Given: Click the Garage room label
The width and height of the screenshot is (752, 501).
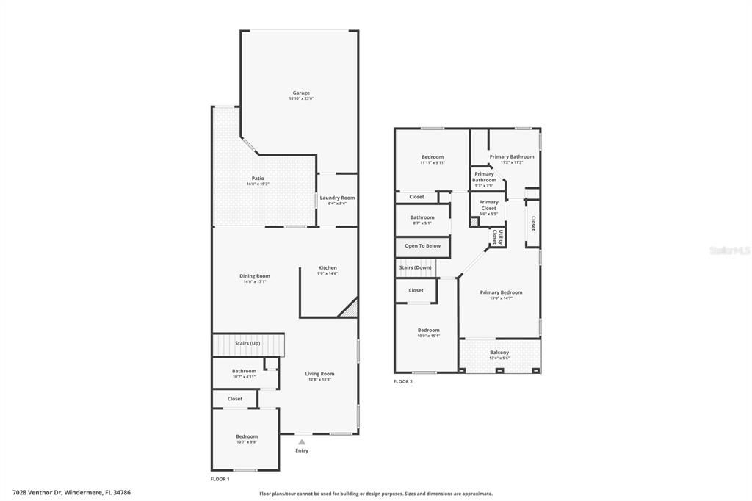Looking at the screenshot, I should click(301, 93).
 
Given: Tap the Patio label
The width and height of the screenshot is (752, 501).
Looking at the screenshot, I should click(258, 179).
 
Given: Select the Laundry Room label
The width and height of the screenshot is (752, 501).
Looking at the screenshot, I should click(337, 198).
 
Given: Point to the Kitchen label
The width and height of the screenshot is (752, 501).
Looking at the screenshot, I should click(327, 268).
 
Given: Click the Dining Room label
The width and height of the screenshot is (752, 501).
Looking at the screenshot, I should click(254, 276).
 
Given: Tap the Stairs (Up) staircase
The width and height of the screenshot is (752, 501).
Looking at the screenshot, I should click(248, 344).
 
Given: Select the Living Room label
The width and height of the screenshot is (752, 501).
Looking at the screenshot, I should click(319, 374).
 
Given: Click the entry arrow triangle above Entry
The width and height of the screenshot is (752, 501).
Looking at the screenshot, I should click(301, 441).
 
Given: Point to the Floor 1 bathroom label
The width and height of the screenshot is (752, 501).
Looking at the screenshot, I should click(244, 372).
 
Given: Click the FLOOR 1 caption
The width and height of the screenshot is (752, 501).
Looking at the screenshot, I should click(220, 479).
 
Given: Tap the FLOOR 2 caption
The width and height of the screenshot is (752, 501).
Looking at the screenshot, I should click(403, 382).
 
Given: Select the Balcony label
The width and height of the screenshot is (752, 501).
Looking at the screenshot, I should click(499, 353).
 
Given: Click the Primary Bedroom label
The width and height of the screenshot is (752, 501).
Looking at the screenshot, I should click(502, 293).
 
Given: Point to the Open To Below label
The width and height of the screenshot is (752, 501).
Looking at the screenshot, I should click(422, 246).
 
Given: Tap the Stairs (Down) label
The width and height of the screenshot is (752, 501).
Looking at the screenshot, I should click(416, 267).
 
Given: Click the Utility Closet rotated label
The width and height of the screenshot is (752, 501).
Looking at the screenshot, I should click(498, 237).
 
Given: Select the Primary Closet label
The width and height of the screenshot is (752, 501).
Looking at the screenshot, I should click(488, 205).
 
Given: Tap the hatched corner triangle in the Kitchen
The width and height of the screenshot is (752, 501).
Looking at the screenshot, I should click(350, 309).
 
